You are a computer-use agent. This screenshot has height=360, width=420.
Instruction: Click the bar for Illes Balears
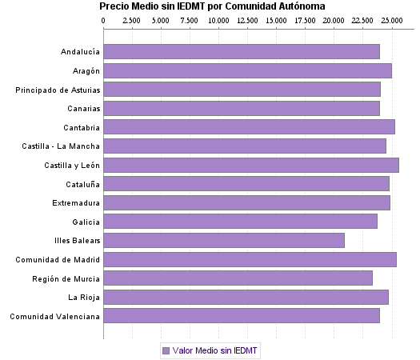tap(224, 240)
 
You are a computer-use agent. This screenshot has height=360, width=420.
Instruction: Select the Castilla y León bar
tap(251, 165)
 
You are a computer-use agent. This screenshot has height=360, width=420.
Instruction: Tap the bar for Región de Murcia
tap(238, 278)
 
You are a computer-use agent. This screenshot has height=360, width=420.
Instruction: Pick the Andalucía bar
tap(242, 52)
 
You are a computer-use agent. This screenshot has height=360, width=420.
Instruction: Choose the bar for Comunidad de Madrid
tap(250, 259)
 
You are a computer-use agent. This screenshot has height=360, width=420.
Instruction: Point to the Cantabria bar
tap(250, 127)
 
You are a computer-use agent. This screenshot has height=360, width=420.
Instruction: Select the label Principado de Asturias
tap(58, 90)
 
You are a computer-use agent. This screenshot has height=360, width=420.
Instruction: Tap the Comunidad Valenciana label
tap(55, 316)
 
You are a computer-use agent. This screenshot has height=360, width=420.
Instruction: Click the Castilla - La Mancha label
tap(62, 146)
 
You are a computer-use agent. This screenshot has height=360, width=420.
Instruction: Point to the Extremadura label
tap(76, 202)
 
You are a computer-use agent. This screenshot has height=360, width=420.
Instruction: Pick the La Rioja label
tap(84, 297)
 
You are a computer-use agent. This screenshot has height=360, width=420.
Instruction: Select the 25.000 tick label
tap(391, 19)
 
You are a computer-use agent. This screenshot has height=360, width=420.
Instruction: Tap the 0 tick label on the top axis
tap(104, 19)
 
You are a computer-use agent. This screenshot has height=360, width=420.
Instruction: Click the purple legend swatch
tap(166, 350)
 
